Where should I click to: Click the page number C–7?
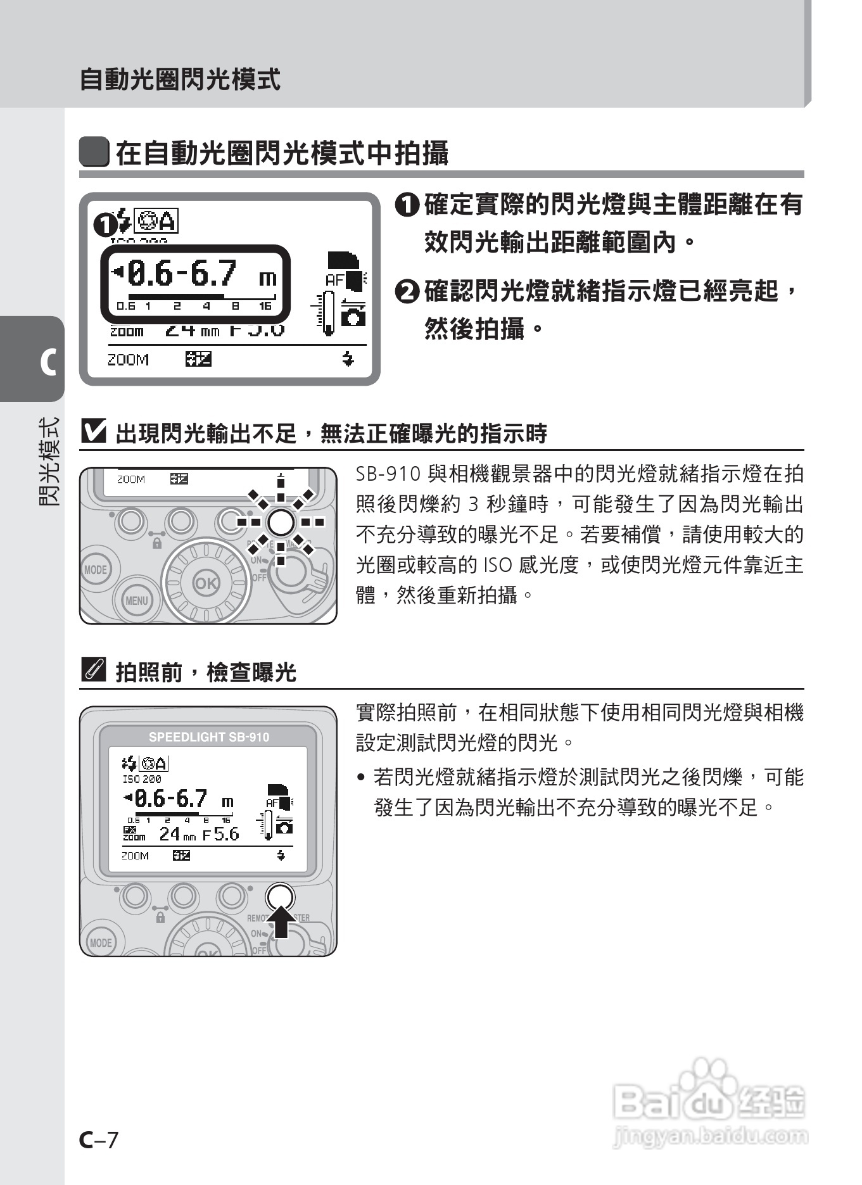point(99,1139)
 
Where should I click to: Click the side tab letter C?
point(48,362)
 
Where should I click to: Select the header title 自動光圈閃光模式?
point(180,80)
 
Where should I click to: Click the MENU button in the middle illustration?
point(136,600)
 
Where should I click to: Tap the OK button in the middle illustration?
point(205,583)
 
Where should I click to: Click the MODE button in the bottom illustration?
point(100,942)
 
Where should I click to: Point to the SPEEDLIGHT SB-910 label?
point(208,737)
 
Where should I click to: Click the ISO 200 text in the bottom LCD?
point(142,779)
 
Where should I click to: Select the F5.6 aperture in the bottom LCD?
point(222,835)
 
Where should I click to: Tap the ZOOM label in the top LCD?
point(128,360)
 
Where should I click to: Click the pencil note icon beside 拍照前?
point(93,670)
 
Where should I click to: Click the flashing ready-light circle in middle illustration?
point(281,522)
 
